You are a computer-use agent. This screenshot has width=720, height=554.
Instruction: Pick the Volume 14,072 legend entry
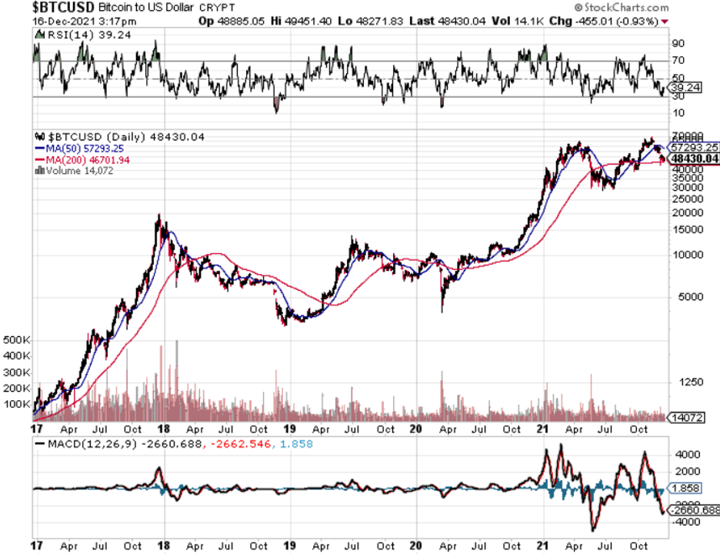point(75,170)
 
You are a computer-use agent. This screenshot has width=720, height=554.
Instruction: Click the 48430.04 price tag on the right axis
point(695,159)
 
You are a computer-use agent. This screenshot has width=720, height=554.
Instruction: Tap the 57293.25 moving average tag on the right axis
point(695,146)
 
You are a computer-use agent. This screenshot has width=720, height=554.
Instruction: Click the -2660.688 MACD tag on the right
point(695,510)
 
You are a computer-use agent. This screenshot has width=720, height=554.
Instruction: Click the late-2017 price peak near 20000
point(158,218)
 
